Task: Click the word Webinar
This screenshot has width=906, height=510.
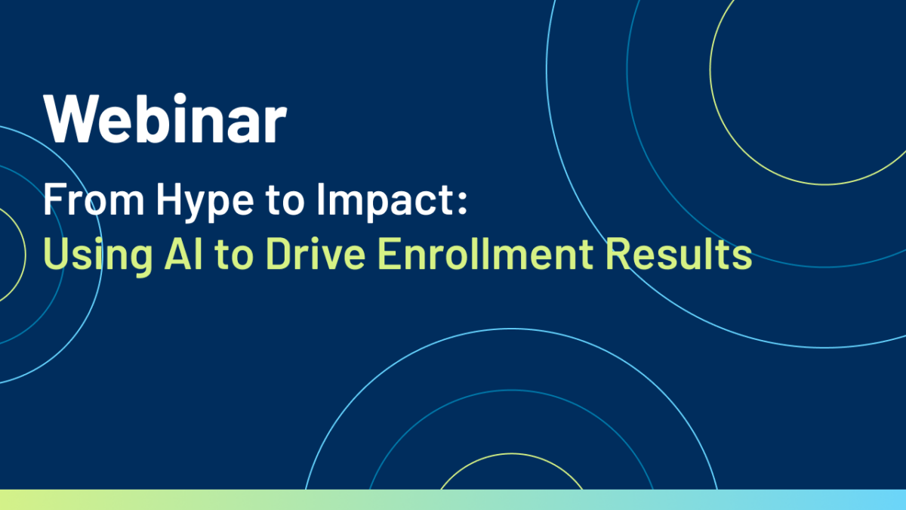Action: tap(165, 118)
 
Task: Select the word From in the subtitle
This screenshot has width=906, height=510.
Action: tap(94, 199)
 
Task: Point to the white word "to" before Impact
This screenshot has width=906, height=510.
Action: tap(285, 200)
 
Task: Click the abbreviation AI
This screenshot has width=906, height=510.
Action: tap(183, 254)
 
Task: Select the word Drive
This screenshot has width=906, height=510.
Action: tap(316, 254)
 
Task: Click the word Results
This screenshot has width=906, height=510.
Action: tap(679, 254)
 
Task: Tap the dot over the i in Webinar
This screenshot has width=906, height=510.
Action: tap(179, 99)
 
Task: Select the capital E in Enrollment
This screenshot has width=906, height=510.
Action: tap(389, 254)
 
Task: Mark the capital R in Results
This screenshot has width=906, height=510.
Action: tap(618, 254)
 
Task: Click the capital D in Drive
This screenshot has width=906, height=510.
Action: tap(279, 254)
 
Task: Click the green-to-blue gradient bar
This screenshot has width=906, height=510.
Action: tap(453, 500)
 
